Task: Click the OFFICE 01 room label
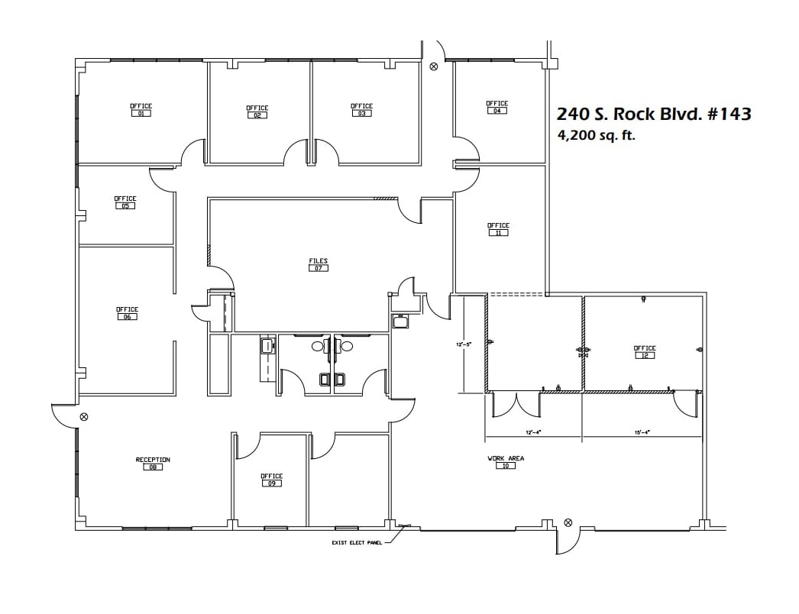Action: point(141,110)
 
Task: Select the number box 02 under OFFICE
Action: point(257,115)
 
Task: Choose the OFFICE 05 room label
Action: point(125,202)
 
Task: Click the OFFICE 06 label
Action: point(127,313)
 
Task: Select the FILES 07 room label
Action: point(318,265)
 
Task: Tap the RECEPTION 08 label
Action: point(153,464)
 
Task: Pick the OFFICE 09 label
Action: point(271,480)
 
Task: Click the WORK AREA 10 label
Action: point(506,462)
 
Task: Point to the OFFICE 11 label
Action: point(498,229)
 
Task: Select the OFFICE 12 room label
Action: point(645,352)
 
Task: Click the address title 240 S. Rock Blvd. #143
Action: point(654,114)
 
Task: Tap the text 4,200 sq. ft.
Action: point(597,136)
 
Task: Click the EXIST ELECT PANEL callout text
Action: point(356,543)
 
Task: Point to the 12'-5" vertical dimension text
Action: point(464,344)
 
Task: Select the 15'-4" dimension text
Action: point(642,432)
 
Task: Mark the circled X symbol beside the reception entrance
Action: point(84,417)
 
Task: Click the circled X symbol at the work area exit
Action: point(568,523)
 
